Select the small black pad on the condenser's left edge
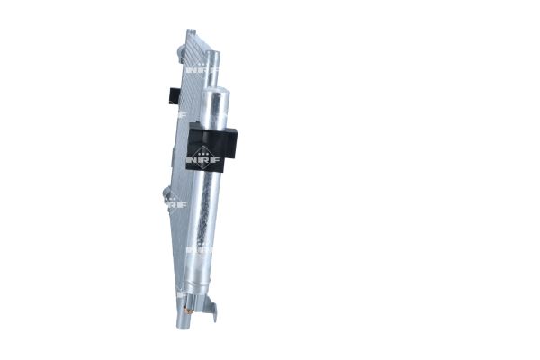173,94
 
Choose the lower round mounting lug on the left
167,193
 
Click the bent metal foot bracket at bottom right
212,311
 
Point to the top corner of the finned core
190,33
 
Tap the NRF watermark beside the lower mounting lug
177,205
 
